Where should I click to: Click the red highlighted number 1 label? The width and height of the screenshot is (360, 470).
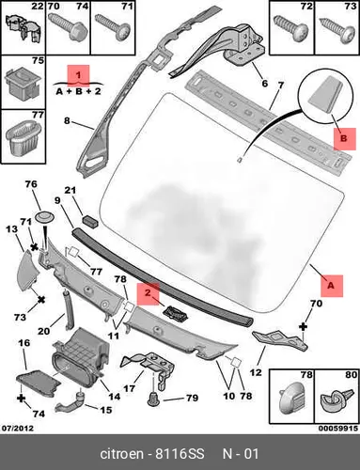tap(78, 75)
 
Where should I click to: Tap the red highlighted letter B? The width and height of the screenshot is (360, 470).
tap(345, 139)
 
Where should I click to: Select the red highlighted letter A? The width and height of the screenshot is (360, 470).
tap(332, 286)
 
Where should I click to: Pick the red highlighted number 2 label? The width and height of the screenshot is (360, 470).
tap(149, 293)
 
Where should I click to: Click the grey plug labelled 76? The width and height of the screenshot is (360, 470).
tap(44, 217)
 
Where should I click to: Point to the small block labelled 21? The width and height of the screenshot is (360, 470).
tap(90, 220)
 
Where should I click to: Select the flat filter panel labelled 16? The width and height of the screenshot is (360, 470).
tap(39, 384)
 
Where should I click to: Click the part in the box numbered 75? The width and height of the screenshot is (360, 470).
tap(23, 83)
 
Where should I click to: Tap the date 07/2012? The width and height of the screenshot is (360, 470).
tap(18, 428)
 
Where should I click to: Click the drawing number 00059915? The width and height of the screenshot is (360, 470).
tap(338, 428)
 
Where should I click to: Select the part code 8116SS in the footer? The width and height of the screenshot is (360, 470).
tap(180, 454)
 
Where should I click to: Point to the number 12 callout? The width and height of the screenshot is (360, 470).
tap(256, 372)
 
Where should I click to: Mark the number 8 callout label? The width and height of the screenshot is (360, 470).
tap(67, 120)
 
